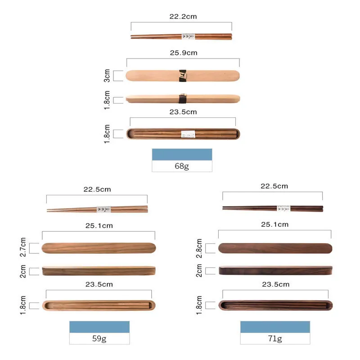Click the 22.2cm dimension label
pos(183,17)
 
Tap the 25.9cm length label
pos(184,53)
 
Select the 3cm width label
pos(107,76)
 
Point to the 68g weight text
pos(182,166)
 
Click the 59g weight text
pos(99,338)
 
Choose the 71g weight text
pos(275,338)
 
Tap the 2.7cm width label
pos(23,247)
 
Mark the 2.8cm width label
pos(199,248)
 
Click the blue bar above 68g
pos(182,154)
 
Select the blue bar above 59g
pos(99,327)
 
